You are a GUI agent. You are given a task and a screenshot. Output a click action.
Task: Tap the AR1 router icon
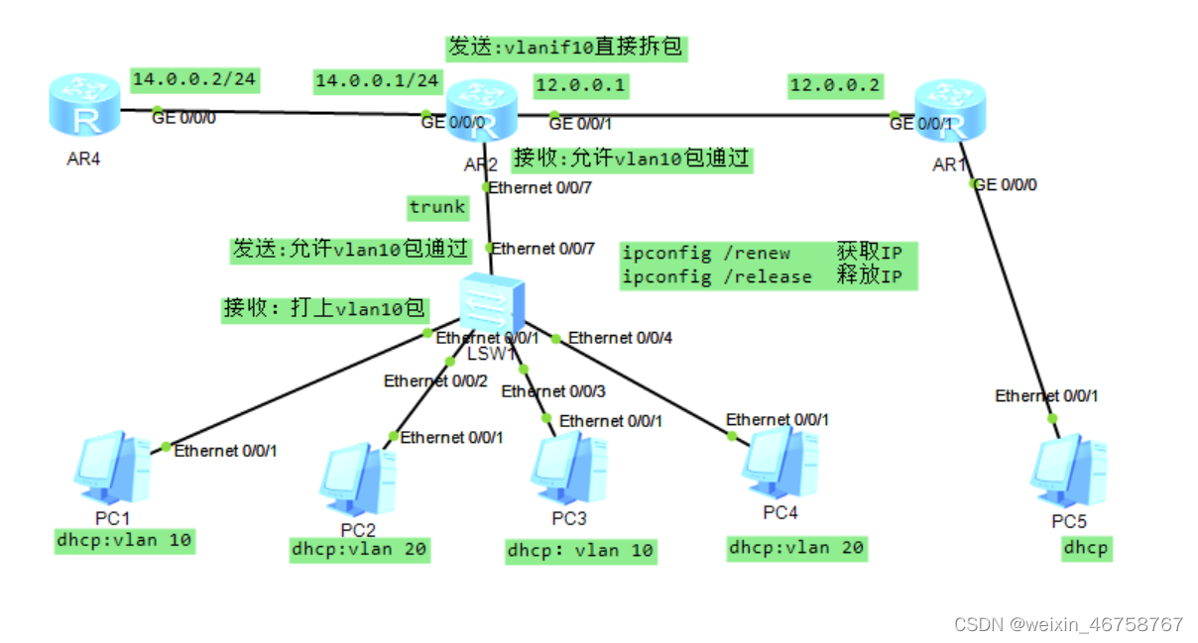click(950, 109)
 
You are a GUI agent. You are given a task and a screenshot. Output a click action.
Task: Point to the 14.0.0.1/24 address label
click(377, 80)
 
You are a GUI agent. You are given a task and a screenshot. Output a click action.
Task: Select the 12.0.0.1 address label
click(580, 86)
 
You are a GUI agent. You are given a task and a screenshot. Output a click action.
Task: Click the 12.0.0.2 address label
click(834, 86)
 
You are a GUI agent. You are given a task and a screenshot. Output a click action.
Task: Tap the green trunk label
click(437, 207)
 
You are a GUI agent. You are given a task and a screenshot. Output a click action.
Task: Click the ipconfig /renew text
click(706, 254)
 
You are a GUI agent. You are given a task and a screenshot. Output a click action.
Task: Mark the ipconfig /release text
click(716, 276)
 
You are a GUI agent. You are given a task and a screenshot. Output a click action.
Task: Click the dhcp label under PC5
click(1086, 548)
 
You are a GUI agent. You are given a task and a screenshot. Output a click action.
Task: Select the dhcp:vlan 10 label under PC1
click(123, 540)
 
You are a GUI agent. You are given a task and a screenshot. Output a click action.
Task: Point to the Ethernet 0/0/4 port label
click(620, 338)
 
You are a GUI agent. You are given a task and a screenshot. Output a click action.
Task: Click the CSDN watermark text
click(1068, 624)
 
